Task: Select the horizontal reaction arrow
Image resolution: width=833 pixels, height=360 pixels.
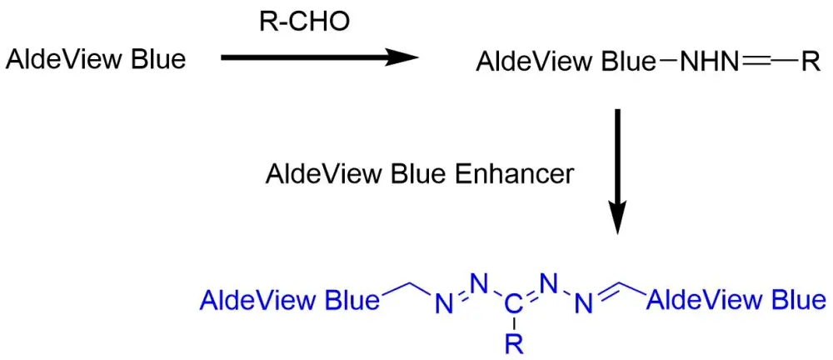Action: tap(320, 57)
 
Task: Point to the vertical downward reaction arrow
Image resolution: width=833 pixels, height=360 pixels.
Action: tap(617, 171)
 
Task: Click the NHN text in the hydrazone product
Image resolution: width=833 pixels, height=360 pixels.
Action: tap(709, 63)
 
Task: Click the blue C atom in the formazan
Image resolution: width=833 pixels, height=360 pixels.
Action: tap(513, 305)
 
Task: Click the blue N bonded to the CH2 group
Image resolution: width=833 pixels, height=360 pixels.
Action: tap(444, 305)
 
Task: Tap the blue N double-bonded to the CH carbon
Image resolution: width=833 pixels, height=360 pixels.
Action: tap(584, 305)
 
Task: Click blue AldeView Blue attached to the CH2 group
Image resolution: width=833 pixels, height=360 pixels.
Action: tap(291, 302)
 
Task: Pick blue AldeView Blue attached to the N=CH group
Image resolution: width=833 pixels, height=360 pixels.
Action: tap(736, 302)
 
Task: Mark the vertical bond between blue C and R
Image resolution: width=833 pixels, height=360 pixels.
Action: tap(514, 324)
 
